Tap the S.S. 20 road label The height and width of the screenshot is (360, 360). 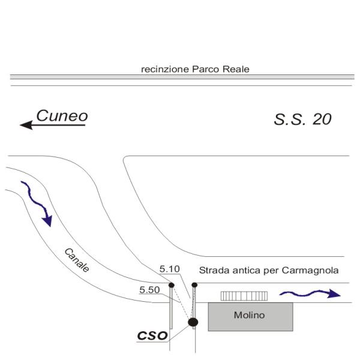click(x=302, y=119)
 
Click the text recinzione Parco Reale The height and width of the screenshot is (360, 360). click(x=195, y=69)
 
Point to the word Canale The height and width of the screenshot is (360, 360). click(x=76, y=260)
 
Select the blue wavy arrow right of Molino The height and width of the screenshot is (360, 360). click(x=310, y=293)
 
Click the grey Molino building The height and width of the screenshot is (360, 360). click(x=250, y=316)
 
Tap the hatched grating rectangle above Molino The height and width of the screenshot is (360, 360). click(x=244, y=296)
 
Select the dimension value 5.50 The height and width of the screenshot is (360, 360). click(x=149, y=290)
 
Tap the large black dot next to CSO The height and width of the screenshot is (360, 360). click(x=193, y=323)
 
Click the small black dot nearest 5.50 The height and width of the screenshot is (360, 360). click(x=171, y=285)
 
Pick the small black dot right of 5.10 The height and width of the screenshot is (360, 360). click(x=194, y=284)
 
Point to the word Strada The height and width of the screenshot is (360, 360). click(x=212, y=270)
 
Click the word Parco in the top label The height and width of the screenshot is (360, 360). click(x=210, y=69)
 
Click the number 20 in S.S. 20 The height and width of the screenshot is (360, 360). click(x=321, y=119)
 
